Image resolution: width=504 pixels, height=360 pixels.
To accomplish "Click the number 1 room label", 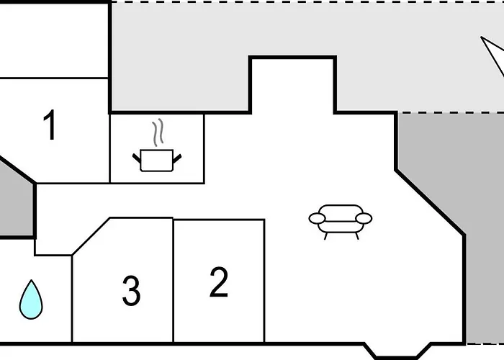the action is pyautogui.click(x=50, y=125).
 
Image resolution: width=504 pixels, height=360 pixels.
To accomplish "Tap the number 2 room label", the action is pyautogui.click(x=219, y=282).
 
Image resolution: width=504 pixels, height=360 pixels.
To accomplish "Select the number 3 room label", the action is pyautogui.click(x=131, y=290).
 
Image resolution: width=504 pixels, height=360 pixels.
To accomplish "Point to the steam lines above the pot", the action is pyautogui.click(x=158, y=132).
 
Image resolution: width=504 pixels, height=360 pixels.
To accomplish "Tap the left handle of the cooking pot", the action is pyautogui.click(x=137, y=158).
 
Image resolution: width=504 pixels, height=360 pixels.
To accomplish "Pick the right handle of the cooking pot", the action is pyautogui.click(x=177, y=158).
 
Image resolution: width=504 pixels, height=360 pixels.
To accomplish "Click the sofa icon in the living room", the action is pyautogui.click(x=341, y=222).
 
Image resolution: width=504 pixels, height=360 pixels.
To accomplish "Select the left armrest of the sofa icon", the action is pyautogui.click(x=317, y=219).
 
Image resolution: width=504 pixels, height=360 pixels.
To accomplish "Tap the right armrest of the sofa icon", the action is pyautogui.click(x=364, y=219).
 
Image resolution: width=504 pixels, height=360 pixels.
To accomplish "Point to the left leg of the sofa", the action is pyautogui.click(x=325, y=236).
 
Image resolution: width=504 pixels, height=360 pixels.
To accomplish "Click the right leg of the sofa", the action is pyautogui.click(x=357, y=236).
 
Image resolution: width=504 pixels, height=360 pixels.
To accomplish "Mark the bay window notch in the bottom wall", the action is pyautogui.click(x=397, y=351).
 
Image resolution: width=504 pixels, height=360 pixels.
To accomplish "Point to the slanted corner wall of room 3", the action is pyautogui.click(x=91, y=237).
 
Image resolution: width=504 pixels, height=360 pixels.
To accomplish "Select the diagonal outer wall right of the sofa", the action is pyautogui.click(x=430, y=202).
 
